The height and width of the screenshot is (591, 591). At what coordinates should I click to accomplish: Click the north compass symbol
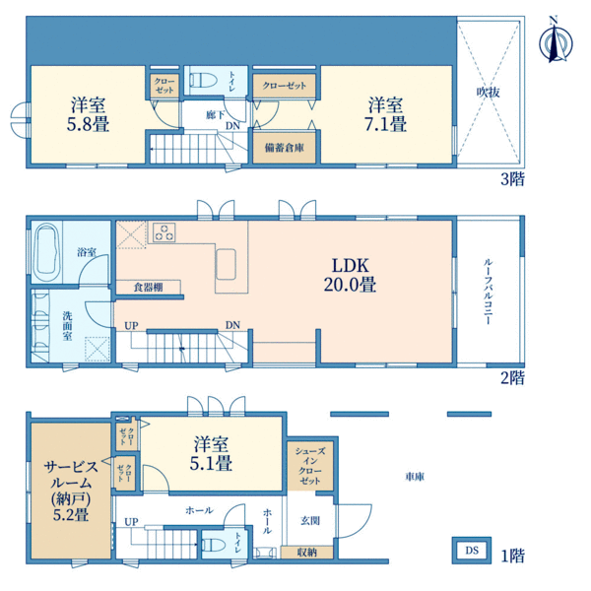coord(555,42)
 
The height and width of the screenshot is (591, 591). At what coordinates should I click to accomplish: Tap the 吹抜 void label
coord(489,92)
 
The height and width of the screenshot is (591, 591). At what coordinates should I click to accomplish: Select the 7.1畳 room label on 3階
coord(385,114)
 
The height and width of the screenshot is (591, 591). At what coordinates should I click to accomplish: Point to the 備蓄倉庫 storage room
coord(285,148)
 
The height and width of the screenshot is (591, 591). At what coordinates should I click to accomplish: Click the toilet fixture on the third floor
coord(204,80)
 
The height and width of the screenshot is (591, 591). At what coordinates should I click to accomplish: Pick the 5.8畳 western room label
coord(88,114)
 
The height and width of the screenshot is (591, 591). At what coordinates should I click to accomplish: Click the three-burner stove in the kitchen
coord(164,232)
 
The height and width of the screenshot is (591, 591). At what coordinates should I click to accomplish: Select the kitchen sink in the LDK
coord(227,264)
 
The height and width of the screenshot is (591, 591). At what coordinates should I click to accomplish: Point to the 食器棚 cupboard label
coord(148,288)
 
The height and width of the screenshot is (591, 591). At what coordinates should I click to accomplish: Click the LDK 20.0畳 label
coord(350,275)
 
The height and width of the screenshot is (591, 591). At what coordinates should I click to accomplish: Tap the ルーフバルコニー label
coord(488,292)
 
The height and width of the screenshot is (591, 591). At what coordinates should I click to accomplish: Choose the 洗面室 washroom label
coord(67,326)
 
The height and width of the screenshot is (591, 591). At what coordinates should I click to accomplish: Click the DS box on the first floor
coord(472,551)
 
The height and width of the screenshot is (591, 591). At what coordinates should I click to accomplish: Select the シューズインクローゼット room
coord(310,466)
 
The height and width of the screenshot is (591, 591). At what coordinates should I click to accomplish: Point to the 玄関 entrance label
coord(310,521)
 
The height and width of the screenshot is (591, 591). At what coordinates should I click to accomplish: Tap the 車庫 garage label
coord(415,477)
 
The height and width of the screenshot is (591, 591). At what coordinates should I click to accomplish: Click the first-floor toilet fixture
coord(214,545)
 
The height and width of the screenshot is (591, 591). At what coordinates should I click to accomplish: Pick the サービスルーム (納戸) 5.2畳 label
coord(71,491)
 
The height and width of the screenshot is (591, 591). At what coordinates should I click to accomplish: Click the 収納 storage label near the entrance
coord(306,553)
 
